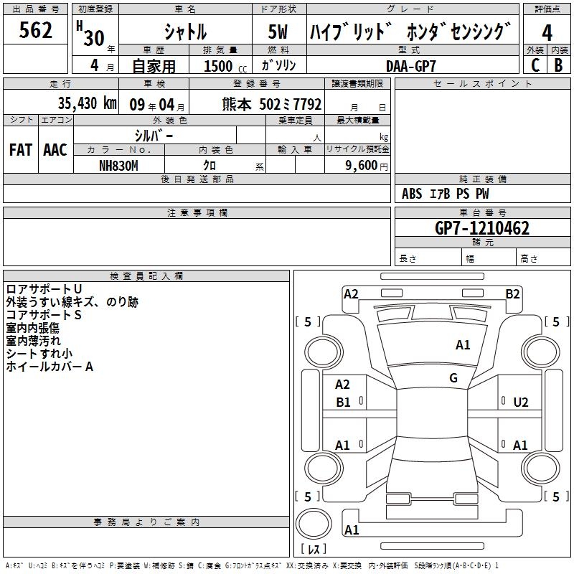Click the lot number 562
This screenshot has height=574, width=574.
[x=35, y=30]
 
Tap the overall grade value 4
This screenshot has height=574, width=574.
[x=547, y=33]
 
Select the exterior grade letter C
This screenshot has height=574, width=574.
[x=535, y=65]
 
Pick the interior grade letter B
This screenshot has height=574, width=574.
[x=558, y=65]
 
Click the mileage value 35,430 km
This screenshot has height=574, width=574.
[x=87, y=103]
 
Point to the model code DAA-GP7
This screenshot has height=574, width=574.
[x=410, y=66]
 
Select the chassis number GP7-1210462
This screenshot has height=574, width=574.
[x=482, y=228]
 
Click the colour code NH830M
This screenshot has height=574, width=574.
[x=118, y=166]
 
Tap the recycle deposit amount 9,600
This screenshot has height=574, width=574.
[x=362, y=166]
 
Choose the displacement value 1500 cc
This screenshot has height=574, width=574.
[x=225, y=66]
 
